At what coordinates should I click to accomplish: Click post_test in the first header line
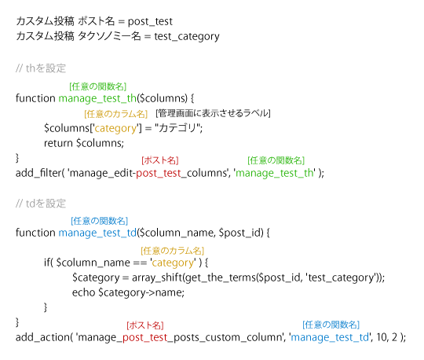[150, 22]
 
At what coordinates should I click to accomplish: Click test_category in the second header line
[187, 36]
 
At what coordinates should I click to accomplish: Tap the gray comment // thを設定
[41, 68]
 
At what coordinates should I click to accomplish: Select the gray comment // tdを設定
[41, 204]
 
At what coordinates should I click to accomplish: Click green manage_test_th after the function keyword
[97, 98]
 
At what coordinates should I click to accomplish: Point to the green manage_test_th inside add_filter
[275, 173]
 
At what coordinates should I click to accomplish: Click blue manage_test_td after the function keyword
[97, 233]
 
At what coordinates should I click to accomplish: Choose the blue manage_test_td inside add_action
[330, 337]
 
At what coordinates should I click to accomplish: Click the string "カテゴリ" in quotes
[179, 128]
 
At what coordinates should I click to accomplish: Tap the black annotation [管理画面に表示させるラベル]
[213, 113]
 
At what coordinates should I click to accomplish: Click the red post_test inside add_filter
[159, 173]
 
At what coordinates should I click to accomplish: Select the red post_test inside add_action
[145, 337]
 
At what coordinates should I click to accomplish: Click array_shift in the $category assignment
[157, 277]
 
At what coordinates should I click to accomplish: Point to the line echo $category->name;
[128, 292]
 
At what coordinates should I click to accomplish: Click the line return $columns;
[84, 143]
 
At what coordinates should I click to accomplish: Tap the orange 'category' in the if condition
[173, 263]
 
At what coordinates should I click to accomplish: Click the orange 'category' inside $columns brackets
[115, 128]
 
